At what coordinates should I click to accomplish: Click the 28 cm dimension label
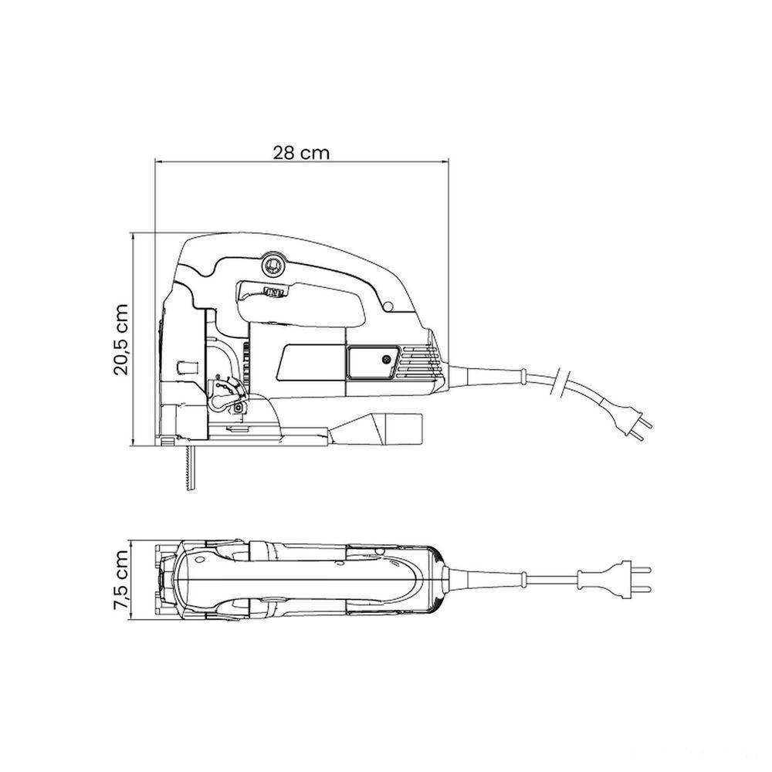point(301,153)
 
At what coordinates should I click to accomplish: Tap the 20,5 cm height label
point(120,339)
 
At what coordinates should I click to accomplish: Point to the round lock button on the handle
point(273,265)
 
